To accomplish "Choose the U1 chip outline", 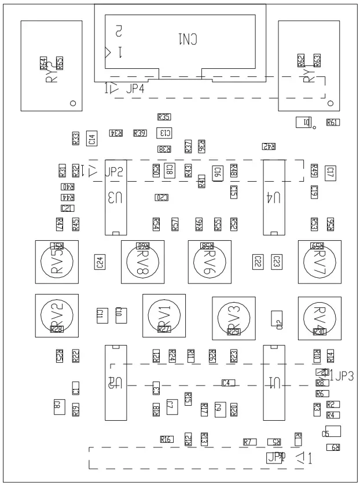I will click(273, 382).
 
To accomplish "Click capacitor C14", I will click(92, 138).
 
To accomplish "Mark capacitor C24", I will click(100, 262).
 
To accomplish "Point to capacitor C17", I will click(330, 172).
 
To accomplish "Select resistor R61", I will click(333, 122).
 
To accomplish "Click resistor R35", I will click(164, 117).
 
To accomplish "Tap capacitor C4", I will click(228, 383).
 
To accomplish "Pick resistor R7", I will click(249, 442).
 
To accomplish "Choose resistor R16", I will click(166, 439).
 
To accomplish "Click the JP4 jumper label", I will click(135, 89).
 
